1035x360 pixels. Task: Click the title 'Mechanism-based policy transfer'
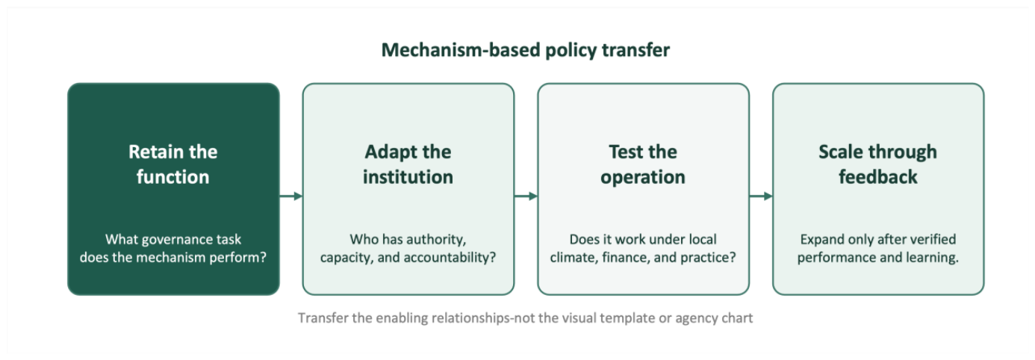pos(526,50)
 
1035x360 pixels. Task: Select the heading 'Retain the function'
pos(172,164)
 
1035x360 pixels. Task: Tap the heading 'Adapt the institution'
pos(408,164)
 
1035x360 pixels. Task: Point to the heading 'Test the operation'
pos(643,164)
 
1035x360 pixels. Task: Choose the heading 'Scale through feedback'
pos(878,164)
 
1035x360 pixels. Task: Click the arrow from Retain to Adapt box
pos(291,196)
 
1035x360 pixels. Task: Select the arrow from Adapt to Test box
pos(526,196)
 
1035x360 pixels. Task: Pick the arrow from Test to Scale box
pos(761,196)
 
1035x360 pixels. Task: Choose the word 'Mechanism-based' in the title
pos(461,50)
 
